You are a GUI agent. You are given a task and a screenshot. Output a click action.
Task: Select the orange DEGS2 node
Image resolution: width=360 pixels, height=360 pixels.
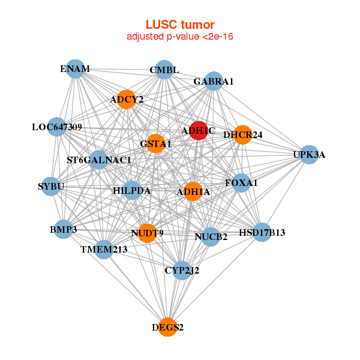click(x=168, y=327)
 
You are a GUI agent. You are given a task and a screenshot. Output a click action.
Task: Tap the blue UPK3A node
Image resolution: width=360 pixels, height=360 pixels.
click(x=309, y=155)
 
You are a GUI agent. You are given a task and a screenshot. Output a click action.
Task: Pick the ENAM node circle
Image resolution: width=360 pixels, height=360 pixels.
click(x=75, y=69)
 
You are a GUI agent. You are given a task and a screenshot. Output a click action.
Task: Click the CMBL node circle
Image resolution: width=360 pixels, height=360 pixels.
click(x=164, y=70)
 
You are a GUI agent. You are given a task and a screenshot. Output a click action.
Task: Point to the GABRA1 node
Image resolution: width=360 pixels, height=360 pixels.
click(x=214, y=81)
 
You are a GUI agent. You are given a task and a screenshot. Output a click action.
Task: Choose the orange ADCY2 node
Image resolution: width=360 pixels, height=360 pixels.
click(x=127, y=99)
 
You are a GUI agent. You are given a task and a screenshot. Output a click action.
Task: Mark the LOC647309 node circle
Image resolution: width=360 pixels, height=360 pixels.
click(x=57, y=127)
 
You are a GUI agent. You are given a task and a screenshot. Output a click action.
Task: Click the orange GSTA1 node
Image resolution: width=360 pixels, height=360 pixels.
click(x=155, y=143)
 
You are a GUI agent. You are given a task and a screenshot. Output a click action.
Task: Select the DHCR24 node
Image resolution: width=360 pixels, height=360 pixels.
click(x=243, y=134)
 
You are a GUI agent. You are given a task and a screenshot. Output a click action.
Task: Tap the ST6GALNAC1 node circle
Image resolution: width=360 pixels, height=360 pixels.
click(x=99, y=160)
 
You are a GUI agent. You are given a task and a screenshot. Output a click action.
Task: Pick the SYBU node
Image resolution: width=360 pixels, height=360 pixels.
click(x=50, y=187)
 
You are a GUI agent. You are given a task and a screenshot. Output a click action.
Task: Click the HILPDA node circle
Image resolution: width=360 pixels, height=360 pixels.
click(x=132, y=191)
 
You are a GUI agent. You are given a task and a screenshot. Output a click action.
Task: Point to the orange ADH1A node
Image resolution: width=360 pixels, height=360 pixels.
click(x=193, y=192)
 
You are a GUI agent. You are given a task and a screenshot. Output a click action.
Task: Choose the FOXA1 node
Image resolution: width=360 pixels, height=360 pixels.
click(x=241, y=182)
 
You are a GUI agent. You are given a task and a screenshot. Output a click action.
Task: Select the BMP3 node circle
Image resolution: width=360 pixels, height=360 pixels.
click(x=64, y=229)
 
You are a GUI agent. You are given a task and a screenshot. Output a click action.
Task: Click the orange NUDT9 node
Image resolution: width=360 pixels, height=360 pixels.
click(x=147, y=233)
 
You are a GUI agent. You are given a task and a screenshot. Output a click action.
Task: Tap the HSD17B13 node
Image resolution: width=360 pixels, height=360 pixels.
click(x=262, y=232)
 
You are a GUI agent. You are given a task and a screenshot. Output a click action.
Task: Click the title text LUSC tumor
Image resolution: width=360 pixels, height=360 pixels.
click(x=180, y=25)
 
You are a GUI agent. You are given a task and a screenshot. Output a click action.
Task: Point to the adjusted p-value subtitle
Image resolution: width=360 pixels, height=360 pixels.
click(x=180, y=37)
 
